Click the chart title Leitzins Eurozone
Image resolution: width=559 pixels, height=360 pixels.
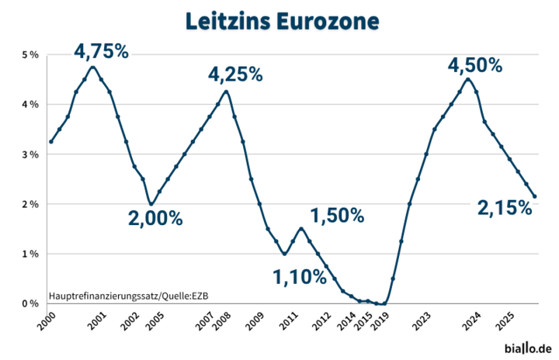[x=283, y=22]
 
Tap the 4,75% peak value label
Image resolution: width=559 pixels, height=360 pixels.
[x=101, y=51]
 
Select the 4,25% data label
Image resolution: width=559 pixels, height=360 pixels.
[x=235, y=74]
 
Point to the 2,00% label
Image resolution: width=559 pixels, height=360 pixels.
[x=155, y=218]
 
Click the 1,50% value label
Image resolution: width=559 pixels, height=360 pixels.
[x=337, y=215]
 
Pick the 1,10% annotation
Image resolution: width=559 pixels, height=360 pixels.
[x=300, y=277]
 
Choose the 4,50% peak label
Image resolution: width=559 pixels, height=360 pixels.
[x=475, y=66]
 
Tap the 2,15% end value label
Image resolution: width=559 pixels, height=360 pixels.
[x=505, y=208]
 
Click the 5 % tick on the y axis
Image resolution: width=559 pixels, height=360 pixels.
[x=30, y=55]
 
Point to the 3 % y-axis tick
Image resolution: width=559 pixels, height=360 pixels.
[x=30, y=154]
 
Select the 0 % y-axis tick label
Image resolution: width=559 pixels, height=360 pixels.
[x=30, y=303]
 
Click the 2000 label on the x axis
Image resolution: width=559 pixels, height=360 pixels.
[x=47, y=321]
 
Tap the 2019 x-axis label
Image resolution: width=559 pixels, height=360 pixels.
[x=380, y=321]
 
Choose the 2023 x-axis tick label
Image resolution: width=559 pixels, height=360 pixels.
[x=422, y=321]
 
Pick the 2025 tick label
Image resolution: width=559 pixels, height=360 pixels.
[x=506, y=321]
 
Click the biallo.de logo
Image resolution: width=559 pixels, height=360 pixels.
[x=528, y=348]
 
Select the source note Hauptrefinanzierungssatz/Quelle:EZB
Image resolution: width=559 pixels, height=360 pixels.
[x=129, y=296]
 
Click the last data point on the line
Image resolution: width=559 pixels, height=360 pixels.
[x=534, y=196]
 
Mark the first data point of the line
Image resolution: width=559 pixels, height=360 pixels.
[x=51, y=142]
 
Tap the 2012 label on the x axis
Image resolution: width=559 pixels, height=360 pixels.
[x=322, y=321]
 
